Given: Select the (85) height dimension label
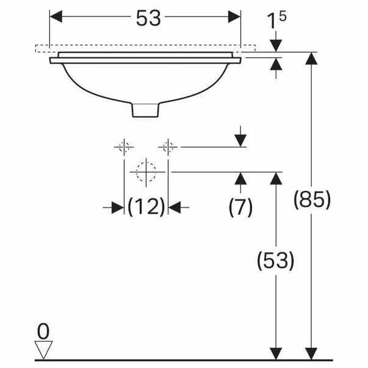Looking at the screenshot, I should [x=312, y=200].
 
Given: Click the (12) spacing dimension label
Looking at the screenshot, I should [x=146, y=207].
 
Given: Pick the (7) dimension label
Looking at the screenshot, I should [x=240, y=207].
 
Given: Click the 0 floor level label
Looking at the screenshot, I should [x=43, y=331].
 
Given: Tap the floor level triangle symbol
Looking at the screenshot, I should [x=43, y=350].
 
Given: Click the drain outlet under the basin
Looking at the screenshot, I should [x=146, y=109].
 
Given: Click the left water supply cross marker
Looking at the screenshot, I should [x=124, y=146].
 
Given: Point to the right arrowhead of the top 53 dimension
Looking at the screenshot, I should [x=235, y=17].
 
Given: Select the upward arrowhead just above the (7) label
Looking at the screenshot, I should [x=241, y=178].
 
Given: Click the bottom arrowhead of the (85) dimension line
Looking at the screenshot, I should [x=312, y=353].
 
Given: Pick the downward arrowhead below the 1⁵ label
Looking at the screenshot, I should [x=276, y=45].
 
